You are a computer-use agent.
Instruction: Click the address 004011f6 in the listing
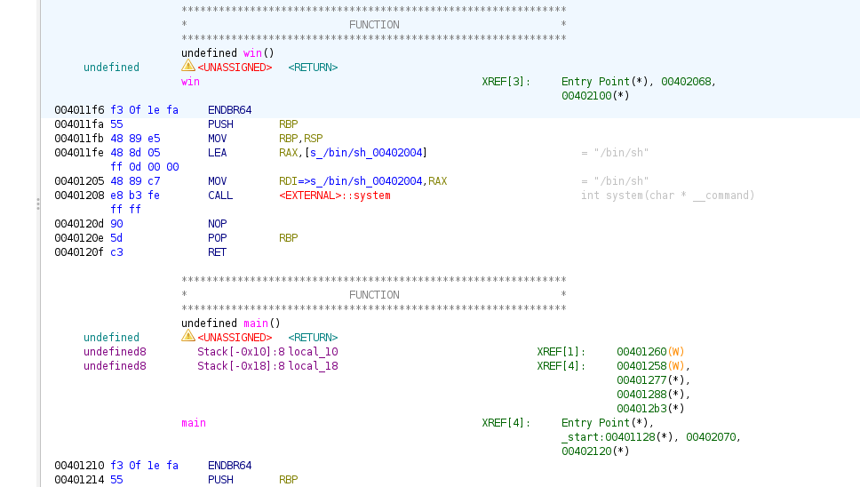[x=79, y=110]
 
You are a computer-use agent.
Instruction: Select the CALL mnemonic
[x=220, y=196]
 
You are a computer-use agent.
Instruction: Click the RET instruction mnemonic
[x=217, y=252]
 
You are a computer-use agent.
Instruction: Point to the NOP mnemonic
[x=217, y=224]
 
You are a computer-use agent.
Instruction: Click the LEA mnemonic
[x=217, y=153]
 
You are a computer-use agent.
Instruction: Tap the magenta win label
[x=190, y=82]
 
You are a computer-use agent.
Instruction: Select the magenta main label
[x=193, y=423]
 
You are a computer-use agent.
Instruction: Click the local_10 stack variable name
[x=313, y=352]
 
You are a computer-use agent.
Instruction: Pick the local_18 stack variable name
[x=313, y=366]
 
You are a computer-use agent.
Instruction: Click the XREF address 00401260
[x=641, y=352]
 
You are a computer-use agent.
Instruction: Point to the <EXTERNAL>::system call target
[x=335, y=196]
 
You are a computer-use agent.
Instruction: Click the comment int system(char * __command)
[x=667, y=196]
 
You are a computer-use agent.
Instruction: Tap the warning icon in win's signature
[x=187, y=67]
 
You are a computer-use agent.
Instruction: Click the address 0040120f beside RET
[x=79, y=252]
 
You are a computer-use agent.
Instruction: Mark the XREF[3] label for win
[x=506, y=82]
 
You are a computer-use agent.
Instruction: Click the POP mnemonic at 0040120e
[x=217, y=238]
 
